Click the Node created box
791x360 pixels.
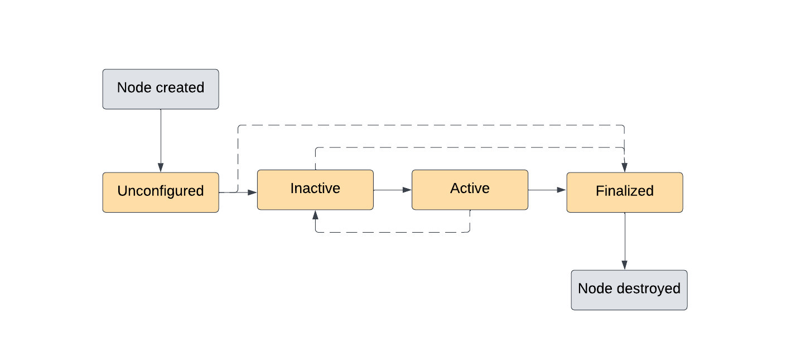(x=161, y=89)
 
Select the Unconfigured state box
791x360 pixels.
(x=161, y=192)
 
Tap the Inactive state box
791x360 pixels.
(x=315, y=189)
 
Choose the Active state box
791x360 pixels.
(x=470, y=189)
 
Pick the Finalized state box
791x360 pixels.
(x=624, y=192)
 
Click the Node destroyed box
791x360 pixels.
(x=629, y=290)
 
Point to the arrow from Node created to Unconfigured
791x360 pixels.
(x=161, y=140)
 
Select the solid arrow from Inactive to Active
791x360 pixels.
(x=392, y=190)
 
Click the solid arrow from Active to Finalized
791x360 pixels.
(x=547, y=190)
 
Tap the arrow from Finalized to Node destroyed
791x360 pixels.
(x=624, y=240)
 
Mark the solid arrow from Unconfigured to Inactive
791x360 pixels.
(x=245, y=192)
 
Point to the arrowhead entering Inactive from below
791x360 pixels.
(x=316, y=214)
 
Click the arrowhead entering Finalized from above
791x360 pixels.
(x=624, y=167)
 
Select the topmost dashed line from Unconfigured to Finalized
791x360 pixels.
(x=430, y=125)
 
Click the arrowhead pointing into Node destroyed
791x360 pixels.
(x=624, y=266)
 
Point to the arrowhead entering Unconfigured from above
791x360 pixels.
(x=161, y=168)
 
